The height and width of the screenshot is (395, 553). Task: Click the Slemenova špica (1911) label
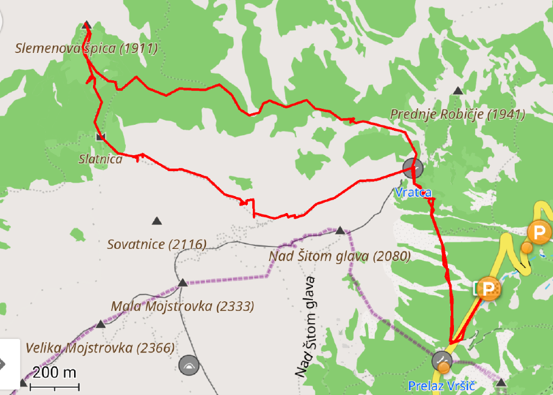tap(87, 49)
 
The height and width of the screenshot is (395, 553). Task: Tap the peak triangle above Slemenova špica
tap(86, 25)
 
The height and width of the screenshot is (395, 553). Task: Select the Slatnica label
tap(100, 159)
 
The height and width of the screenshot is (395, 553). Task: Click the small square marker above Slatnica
tap(100, 136)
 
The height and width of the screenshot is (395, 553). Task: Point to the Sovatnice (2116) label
tap(157, 245)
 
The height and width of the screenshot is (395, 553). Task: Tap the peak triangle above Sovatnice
tap(157, 220)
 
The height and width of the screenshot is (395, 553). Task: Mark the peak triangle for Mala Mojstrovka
tap(183, 282)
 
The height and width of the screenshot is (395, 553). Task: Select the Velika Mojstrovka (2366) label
tap(100, 348)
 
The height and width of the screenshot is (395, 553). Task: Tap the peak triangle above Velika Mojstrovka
tap(101, 324)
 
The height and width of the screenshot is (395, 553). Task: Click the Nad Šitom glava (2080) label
tap(340, 256)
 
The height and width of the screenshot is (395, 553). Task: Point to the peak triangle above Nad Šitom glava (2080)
tap(340, 231)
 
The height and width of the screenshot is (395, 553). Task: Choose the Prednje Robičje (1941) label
tap(458, 114)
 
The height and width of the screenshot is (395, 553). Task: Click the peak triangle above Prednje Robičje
tap(458, 91)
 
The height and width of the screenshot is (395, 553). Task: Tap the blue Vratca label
tap(413, 192)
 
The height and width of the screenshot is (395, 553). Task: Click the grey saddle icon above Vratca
tap(413, 167)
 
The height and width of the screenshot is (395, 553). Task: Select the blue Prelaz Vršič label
tap(441, 386)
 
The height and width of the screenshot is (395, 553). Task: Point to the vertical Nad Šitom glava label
tap(308, 326)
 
